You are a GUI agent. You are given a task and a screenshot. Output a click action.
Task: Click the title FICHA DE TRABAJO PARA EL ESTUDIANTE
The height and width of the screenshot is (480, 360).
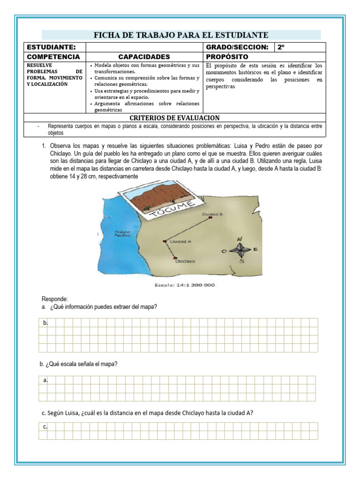coord(181,35)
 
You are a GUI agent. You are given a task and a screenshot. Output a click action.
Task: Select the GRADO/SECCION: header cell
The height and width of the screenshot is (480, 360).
coord(237,47)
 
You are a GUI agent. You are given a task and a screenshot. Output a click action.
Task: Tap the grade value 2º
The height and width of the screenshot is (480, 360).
coord(281,47)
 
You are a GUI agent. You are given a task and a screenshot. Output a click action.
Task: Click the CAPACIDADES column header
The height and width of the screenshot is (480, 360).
coord(144,57)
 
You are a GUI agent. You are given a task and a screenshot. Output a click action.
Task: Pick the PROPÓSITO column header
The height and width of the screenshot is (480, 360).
coord(227,57)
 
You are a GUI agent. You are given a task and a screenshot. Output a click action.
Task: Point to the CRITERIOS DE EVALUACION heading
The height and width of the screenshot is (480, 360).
coord(174,118)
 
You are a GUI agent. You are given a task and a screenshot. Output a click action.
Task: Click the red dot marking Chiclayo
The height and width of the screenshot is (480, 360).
coord(175,258)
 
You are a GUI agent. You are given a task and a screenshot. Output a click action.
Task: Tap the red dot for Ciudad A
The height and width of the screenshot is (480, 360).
coord(165,241)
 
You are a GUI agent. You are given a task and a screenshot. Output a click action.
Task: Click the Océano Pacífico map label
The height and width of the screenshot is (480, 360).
coord(122,233)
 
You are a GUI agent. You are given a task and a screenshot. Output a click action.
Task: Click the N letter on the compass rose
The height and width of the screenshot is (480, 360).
coord(240,239)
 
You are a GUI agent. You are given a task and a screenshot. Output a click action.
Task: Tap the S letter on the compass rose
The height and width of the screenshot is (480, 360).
coord(241,262)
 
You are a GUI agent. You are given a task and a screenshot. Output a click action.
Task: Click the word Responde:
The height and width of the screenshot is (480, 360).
coord(55,299)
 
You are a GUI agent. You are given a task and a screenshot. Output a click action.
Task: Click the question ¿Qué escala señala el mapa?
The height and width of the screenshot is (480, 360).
coord(79,364)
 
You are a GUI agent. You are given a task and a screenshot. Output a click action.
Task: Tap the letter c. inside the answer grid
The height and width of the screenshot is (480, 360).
coord(45,427)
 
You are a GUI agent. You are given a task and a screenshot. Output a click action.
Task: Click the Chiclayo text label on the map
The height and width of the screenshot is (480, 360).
coord(185,262)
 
